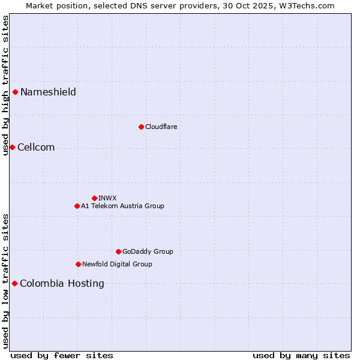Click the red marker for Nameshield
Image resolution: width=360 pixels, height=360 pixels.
pos(15,92)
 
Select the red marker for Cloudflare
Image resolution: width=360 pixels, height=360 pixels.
pos(141,127)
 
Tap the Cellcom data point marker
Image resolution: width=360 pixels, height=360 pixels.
pos(12,147)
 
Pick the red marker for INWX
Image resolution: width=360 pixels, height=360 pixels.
pos(94,198)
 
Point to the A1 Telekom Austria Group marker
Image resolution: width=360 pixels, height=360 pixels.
pos(77,206)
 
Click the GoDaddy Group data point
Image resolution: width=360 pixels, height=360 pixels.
pos(118,251)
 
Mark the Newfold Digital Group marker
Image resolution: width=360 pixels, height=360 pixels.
pos(78,264)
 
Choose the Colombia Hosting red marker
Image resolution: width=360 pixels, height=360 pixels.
pos(14,283)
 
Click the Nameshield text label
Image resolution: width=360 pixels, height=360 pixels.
pos(48,92)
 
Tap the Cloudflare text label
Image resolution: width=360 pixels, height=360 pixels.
pos(161,127)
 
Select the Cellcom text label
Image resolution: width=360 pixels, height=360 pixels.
pos(36,148)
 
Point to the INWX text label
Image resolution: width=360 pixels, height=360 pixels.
pos(107,198)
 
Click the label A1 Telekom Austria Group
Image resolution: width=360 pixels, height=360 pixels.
pos(122,206)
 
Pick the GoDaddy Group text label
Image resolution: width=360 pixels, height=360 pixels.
pos(148,251)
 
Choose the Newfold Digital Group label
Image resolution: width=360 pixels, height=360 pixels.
pos(117,264)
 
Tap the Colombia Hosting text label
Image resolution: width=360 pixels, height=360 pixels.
pos(62,283)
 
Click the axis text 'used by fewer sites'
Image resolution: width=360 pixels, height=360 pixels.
pos(62,355)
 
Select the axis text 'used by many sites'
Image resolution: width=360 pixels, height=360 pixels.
pos(301,355)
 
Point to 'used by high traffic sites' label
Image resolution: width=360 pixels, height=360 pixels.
pos(5,85)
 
